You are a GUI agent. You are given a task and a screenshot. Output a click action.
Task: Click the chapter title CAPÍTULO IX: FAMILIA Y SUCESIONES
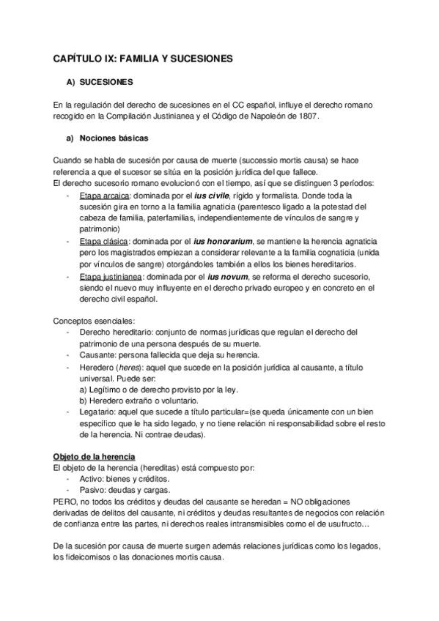click(144, 57)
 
